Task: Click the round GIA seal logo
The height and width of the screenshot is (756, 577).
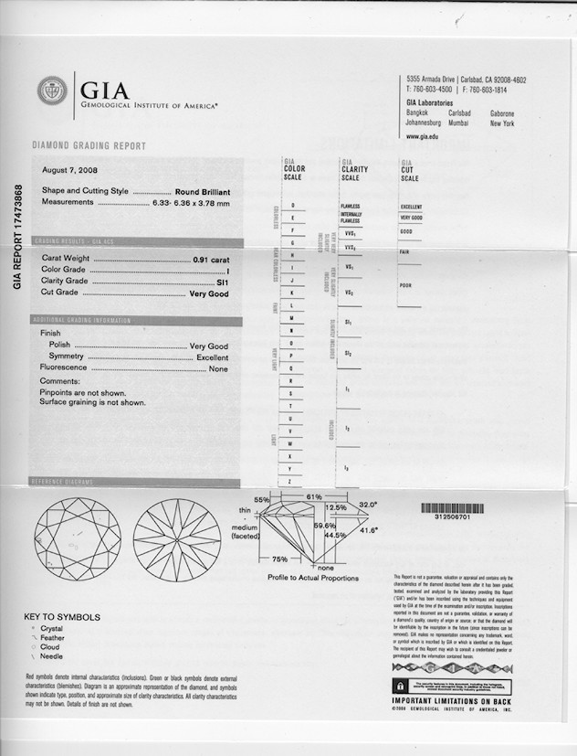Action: tap(51, 91)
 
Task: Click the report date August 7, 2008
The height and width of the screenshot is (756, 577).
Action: tap(70, 170)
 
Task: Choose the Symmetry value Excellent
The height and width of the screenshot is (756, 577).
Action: tap(212, 357)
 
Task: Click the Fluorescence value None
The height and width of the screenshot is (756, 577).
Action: tap(218, 368)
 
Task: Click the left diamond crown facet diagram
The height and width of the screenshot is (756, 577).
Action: tap(77, 533)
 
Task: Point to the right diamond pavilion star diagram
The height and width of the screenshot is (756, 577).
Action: tap(177, 533)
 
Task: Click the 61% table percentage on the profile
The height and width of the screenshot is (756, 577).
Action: tap(312, 496)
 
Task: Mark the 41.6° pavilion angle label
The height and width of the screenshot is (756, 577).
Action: tap(371, 529)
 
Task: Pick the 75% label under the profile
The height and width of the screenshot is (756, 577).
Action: tap(280, 559)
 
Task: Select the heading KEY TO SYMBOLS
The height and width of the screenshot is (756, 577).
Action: tap(62, 617)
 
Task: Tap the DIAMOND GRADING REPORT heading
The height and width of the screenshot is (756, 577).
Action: tap(89, 146)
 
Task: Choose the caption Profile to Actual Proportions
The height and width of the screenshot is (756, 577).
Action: tap(312, 578)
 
